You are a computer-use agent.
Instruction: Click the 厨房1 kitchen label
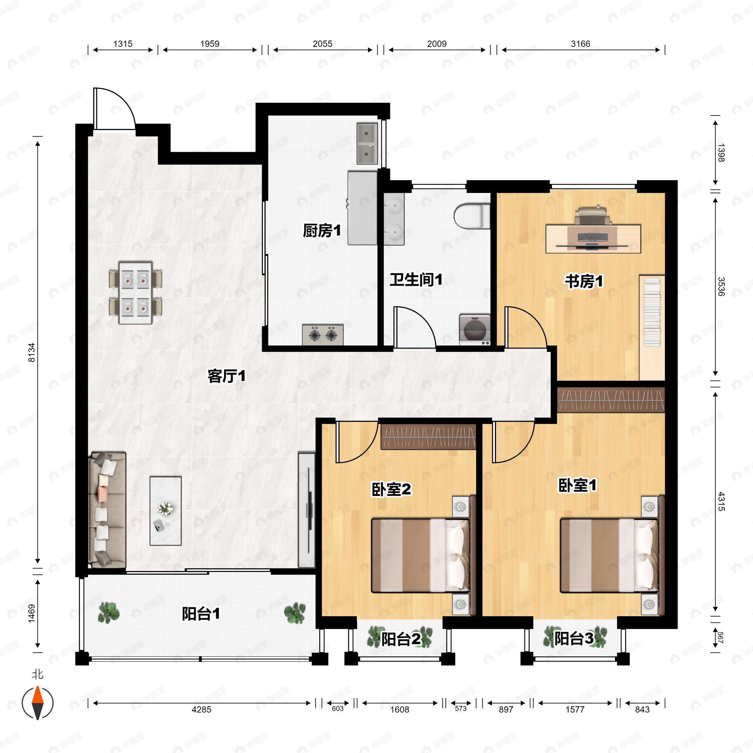pyautogui.click(x=322, y=231)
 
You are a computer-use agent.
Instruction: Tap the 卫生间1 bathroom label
pyautogui.click(x=416, y=280)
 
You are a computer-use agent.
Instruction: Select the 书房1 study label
pyautogui.click(x=584, y=281)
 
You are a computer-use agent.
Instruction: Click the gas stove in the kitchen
pyautogui.click(x=323, y=334)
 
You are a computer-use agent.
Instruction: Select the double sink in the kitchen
pyautogui.click(x=367, y=143)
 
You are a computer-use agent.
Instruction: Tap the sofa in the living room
pyautogui.click(x=107, y=510)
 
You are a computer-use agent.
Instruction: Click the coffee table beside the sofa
pyautogui.click(x=166, y=510)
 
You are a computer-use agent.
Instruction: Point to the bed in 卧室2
pyautogui.click(x=421, y=555)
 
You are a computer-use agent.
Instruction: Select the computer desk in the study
pyautogui.click(x=593, y=238)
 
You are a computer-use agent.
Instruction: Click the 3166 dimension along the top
pyautogui.click(x=580, y=44)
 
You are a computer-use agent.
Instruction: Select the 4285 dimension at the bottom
pyautogui.click(x=201, y=709)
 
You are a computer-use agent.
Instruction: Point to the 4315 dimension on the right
pyautogui.click(x=721, y=501)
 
